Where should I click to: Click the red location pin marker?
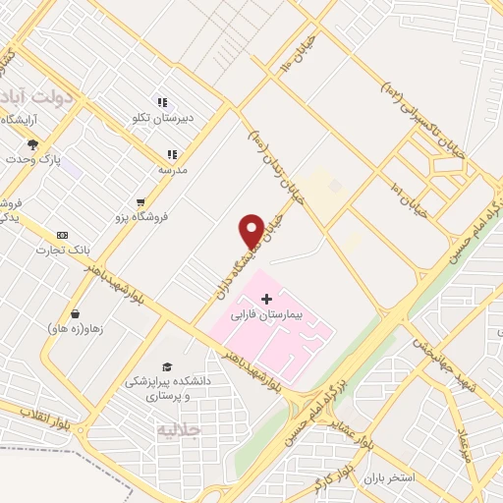(251, 230)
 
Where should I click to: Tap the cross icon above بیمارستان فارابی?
(266, 298)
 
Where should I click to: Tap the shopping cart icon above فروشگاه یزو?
(142, 202)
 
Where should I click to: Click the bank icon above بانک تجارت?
(63, 236)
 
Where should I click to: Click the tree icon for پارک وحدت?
(32, 144)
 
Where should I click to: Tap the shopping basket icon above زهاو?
(75, 314)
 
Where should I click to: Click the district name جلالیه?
(179, 429)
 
